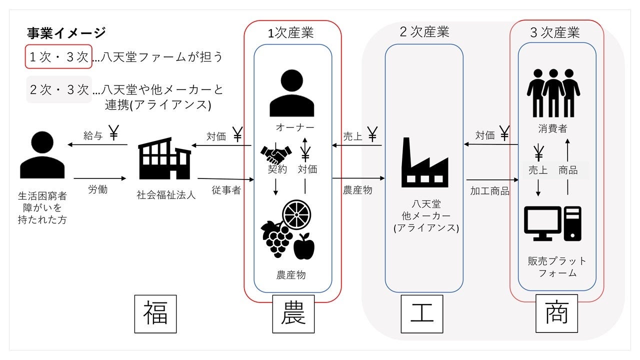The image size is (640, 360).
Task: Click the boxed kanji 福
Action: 156,314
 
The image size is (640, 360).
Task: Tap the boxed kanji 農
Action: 293,314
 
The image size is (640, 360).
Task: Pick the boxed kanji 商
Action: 556,314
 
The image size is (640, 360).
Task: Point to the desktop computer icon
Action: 552,223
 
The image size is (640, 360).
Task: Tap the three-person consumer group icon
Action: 553,92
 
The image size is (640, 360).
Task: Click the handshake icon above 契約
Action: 275,151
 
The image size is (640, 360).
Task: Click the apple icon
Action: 303,246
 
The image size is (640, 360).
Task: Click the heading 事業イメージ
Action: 66,33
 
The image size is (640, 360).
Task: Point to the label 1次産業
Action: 291,33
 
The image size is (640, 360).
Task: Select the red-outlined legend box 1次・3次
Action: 59,57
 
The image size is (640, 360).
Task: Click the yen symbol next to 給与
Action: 113,134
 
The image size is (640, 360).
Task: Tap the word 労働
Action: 98,189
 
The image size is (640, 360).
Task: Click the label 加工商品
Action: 489,190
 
